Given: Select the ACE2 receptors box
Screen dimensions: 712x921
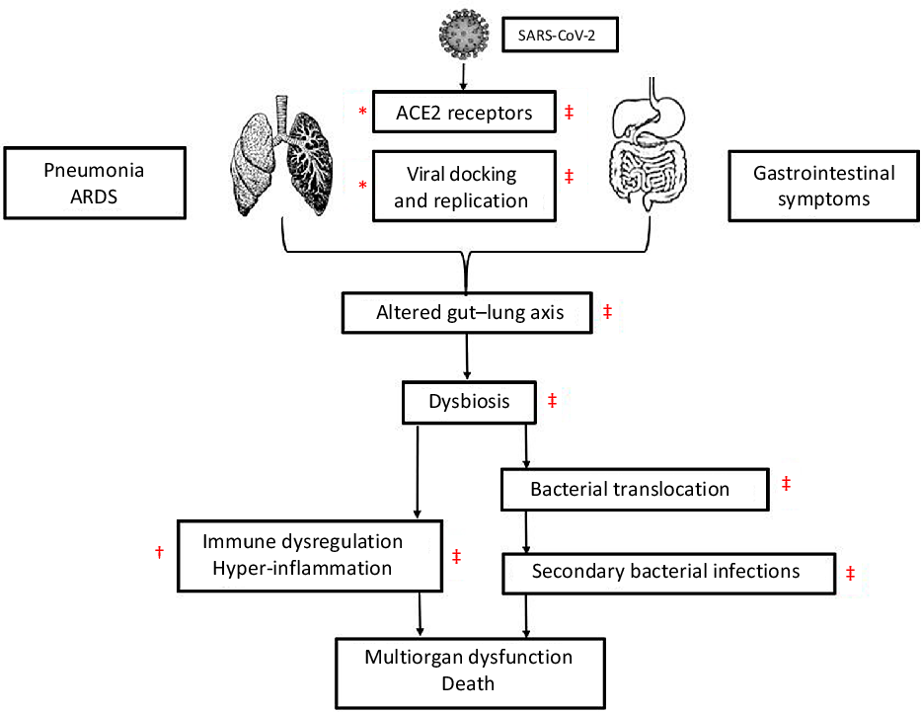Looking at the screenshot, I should point(459,114).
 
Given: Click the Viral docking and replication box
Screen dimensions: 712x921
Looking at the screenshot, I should point(461,187).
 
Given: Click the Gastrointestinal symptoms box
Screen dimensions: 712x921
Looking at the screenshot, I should point(824,186).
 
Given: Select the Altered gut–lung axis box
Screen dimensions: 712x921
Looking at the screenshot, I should point(468,313).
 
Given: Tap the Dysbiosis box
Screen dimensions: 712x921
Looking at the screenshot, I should point(468,402).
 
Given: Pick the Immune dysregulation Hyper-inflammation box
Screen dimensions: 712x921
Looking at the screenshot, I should point(309,555).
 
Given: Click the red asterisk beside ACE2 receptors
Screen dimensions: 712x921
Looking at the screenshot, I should point(362,113).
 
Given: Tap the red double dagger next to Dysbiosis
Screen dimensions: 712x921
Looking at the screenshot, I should point(552,401).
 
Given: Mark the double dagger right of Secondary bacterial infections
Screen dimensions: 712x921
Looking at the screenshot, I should point(851,573).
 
